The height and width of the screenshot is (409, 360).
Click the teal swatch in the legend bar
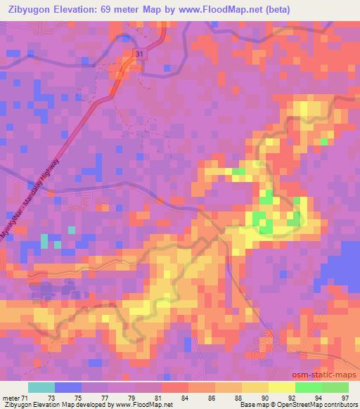pyautogui.click(x=41, y=387)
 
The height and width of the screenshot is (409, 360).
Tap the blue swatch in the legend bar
pyautogui.click(x=68, y=387)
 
